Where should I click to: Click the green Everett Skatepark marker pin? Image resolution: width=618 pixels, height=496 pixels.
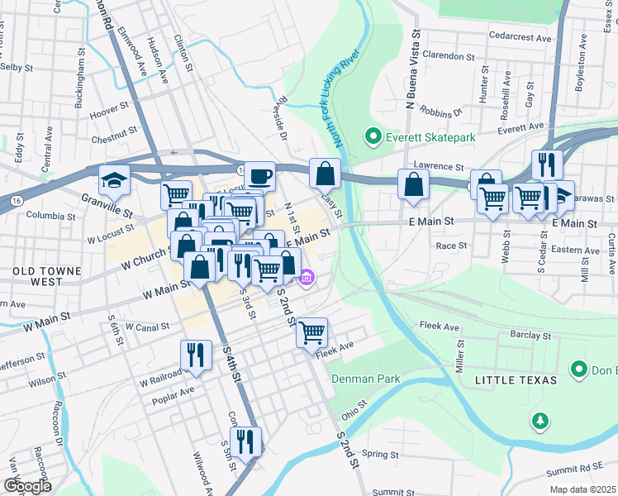tap(373, 136)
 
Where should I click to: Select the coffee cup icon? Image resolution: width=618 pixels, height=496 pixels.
tap(259, 175)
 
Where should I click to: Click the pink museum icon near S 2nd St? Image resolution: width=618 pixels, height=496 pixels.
tap(307, 279)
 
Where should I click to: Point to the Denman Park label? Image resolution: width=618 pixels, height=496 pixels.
tap(366, 379)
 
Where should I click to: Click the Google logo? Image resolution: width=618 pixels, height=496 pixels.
tap(26, 486)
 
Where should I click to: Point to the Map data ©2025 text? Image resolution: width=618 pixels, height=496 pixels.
tap(582, 489)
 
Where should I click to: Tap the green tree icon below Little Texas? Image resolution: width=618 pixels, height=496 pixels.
tap(540, 421)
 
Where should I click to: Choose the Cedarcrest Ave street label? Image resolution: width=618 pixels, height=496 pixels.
tap(520, 38)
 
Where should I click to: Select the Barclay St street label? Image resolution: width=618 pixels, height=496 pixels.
tap(530, 336)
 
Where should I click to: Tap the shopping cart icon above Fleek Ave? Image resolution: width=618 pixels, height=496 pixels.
tap(311, 332)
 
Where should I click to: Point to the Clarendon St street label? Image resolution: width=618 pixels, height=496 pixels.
tap(448, 56)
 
